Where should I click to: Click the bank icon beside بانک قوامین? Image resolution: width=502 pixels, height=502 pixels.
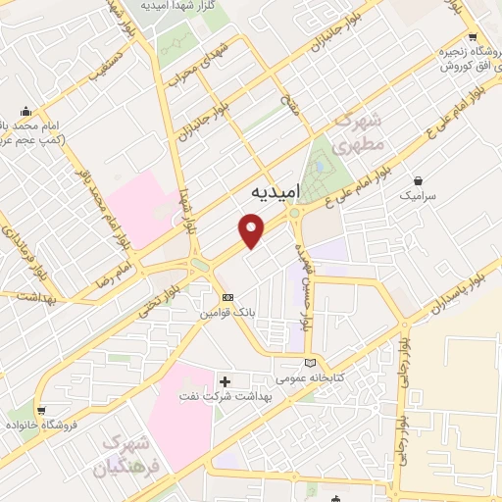point(227,297)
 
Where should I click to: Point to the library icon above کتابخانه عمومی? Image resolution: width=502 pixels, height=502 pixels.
point(310,363)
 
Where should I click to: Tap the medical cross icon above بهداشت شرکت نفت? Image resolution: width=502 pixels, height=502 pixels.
point(225,380)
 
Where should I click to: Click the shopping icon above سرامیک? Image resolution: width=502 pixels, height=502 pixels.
point(420,181)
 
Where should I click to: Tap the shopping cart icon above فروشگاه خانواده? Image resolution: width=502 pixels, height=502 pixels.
point(40,412)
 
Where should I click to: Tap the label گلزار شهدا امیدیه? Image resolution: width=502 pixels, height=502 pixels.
point(178,6)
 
